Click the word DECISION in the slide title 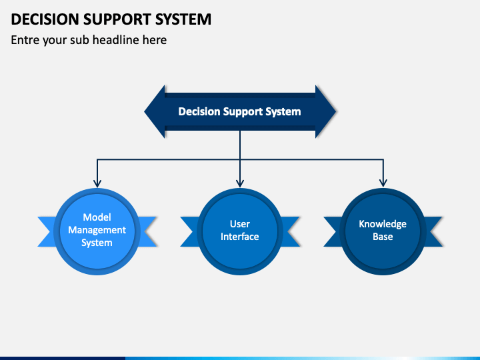45,19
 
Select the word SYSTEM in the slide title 183,19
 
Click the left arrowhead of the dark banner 155,111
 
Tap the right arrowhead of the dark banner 326,111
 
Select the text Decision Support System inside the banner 240,112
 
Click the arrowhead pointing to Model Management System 97,183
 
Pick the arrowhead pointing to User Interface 240,183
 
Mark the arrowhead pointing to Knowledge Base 383,183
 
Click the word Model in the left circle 97,217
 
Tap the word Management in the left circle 97,230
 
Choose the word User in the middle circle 240,224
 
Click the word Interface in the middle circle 240,237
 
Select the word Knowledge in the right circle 383,224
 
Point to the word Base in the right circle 383,237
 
